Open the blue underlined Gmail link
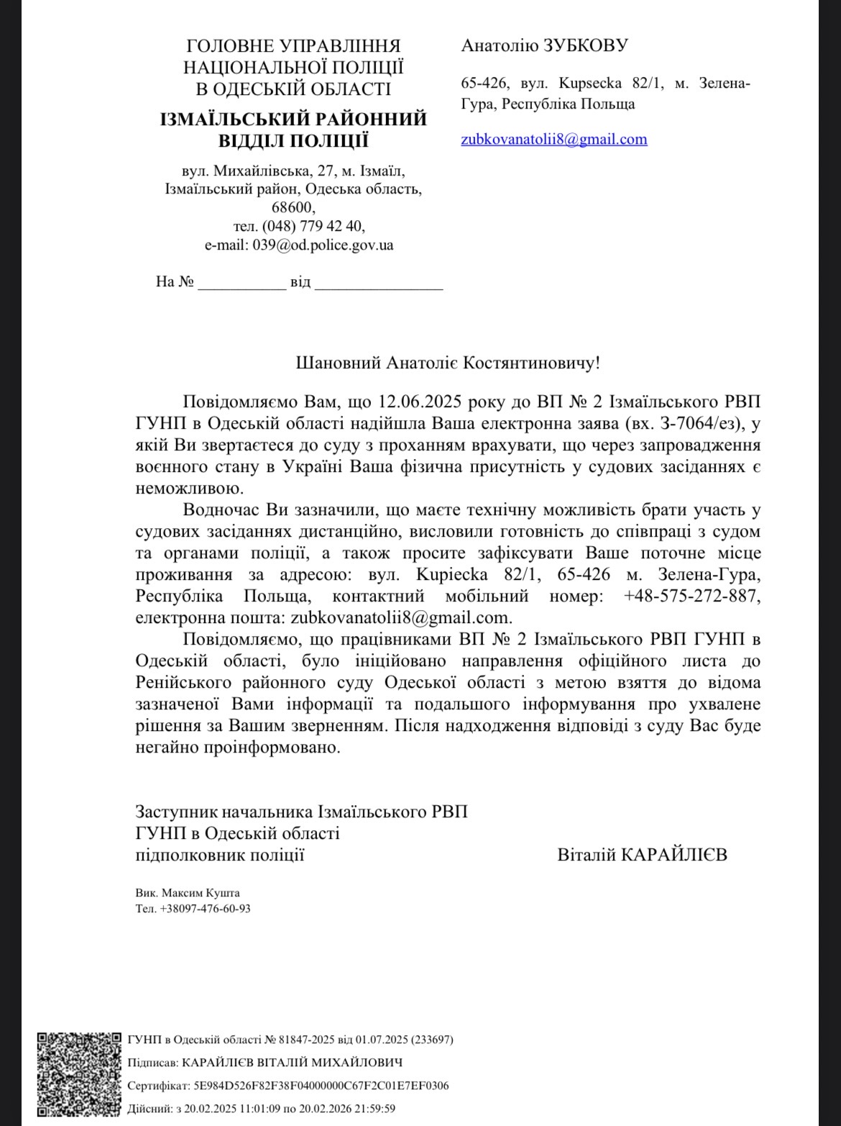coord(553,140)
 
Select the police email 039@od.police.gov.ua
coord(323,245)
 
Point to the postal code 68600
coord(293,208)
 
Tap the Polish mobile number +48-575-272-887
coord(691,596)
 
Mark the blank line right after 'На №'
coord(242,282)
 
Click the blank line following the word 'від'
coord(379,282)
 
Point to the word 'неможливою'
coord(185,489)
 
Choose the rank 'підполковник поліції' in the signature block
coord(219,855)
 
